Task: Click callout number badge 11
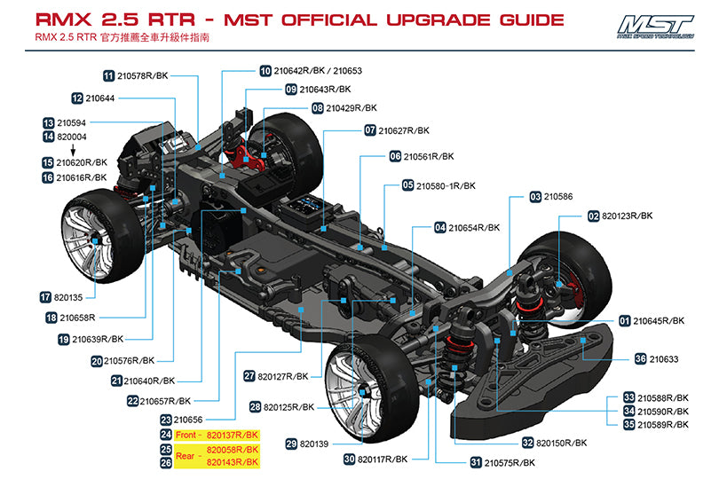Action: (109, 76)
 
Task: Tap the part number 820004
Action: (72, 137)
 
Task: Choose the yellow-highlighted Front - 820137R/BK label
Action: (217, 435)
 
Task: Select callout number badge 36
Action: (640, 359)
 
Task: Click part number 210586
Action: (557, 196)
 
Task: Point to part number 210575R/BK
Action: (510, 462)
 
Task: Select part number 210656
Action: (189, 420)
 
